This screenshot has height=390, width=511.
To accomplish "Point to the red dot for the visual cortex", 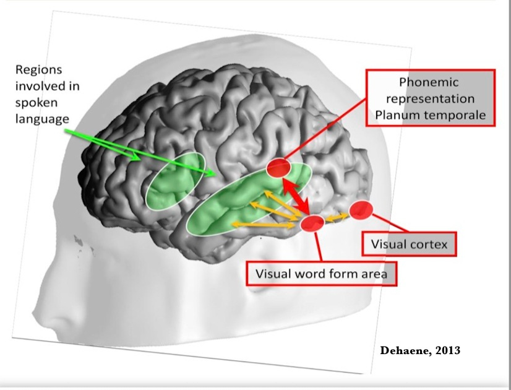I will (360, 210).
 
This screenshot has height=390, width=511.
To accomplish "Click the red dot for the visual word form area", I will (312, 223).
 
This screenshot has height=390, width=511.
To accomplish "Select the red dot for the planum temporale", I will (278, 167).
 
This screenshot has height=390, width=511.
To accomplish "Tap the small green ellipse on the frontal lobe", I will (175, 180).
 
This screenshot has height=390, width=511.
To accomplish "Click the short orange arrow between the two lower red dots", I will (336, 217).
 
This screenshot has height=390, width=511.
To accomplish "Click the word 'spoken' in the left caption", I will (35, 102).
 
